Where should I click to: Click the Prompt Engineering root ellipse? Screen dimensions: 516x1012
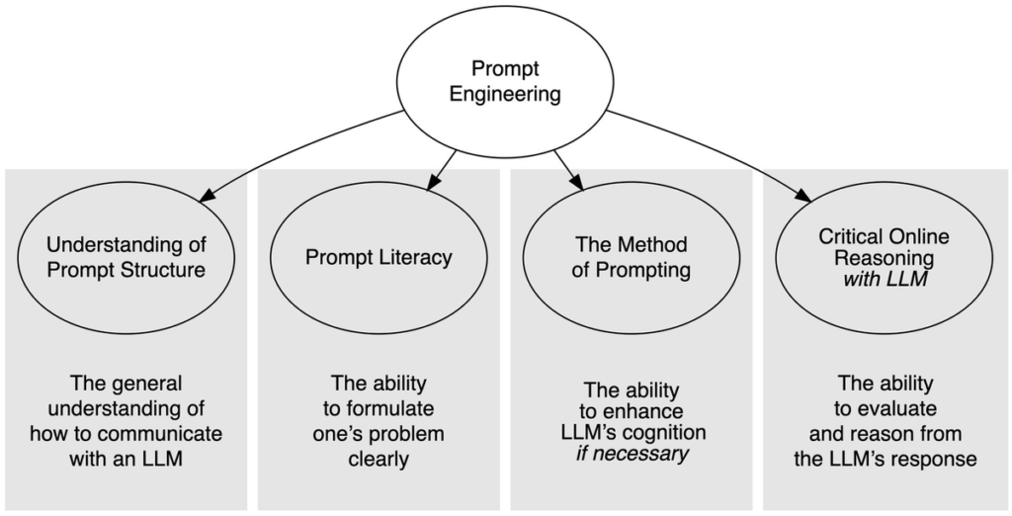[504, 83]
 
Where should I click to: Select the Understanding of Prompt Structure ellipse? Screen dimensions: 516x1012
[126, 256]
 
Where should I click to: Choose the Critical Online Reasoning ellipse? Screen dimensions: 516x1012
[884, 256]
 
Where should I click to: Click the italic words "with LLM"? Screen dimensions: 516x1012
[884, 280]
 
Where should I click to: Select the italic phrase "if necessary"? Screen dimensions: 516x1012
[632, 454]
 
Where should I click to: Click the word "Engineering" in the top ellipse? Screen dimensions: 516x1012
[505, 95]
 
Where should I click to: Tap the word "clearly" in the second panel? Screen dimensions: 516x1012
[379, 458]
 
